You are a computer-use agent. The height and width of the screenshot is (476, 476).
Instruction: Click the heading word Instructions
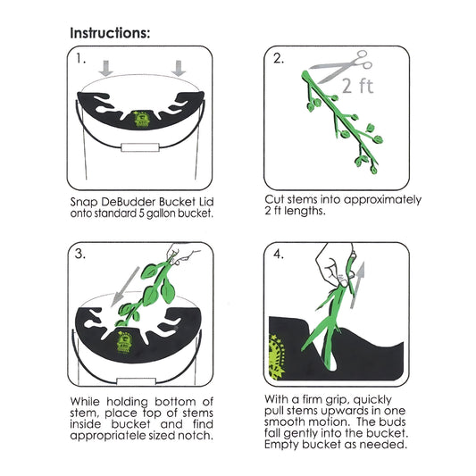pyautogui.click(x=110, y=33)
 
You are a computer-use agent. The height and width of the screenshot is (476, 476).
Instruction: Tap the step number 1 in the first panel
pyautogui.click(x=80, y=59)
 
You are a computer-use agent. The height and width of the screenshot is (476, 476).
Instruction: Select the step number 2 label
pyautogui.click(x=279, y=58)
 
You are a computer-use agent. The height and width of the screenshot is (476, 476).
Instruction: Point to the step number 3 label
pyautogui.click(x=80, y=254)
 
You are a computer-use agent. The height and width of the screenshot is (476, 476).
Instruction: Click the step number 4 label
pyautogui.click(x=279, y=254)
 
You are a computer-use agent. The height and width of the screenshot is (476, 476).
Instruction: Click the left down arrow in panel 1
pyautogui.click(x=106, y=69)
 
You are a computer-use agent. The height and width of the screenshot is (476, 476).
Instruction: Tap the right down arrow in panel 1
pyautogui.click(x=179, y=69)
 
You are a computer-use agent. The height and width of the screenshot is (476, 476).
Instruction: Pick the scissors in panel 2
pyautogui.click(x=341, y=67)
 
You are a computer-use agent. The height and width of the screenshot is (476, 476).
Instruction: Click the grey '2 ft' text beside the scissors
pyautogui.click(x=357, y=86)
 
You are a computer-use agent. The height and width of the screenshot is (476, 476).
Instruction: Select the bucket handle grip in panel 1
pyautogui.click(x=140, y=147)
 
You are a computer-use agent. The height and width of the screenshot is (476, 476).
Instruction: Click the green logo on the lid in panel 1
pyautogui.click(x=141, y=119)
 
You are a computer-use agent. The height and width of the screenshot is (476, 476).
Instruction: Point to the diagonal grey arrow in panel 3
pyautogui.click(x=125, y=287)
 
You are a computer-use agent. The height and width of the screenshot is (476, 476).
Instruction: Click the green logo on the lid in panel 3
pyautogui.click(x=123, y=341)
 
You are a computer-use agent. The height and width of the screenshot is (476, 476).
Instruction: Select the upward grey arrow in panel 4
pyautogui.click(x=357, y=286)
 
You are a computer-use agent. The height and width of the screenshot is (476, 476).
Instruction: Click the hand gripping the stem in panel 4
pyautogui.click(x=334, y=264)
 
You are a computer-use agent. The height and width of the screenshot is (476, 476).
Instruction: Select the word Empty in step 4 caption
pyautogui.click(x=281, y=445)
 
